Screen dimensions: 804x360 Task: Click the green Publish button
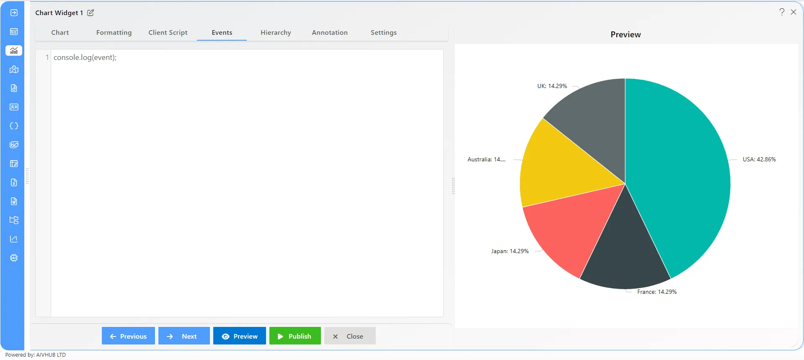tap(295, 336)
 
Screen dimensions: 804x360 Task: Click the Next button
tap(184, 336)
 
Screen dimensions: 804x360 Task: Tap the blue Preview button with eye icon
tap(240, 336)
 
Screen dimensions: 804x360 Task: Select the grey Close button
tap(350, 336)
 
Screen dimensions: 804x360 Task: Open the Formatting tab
tap(114, 33)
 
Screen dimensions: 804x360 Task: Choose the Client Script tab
tap(168, 33)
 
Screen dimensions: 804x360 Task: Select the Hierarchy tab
tap(276, 33)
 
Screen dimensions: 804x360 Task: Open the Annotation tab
tap(330, 33)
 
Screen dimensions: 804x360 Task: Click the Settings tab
tap(384, 33)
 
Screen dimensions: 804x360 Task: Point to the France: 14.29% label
tap(657, 292)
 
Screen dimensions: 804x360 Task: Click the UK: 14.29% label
tap(552, 86)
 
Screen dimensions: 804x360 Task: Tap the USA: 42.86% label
tap(759, 159)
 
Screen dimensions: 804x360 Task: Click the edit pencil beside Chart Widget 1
tap(90, 13)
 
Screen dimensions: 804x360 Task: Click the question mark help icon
tap(782, 12)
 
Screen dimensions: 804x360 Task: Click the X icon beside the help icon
tap(794, 12)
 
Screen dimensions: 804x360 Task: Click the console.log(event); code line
tap(85, 57)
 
